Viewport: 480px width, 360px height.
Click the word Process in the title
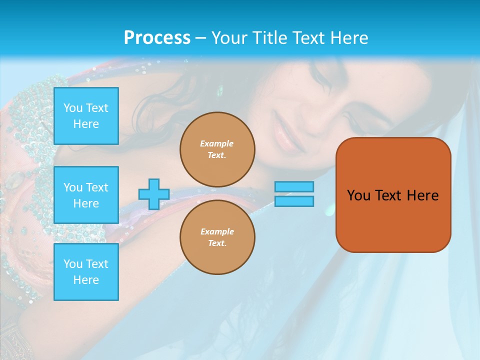tap(157, 38)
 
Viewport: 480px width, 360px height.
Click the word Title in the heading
tap(270, 38)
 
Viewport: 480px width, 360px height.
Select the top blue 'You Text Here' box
tap(86, 116)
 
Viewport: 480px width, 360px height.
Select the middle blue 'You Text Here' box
tap(86, 195)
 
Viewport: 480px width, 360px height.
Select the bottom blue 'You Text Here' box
tap(86, 272)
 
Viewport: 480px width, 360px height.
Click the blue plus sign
tap(153, 194)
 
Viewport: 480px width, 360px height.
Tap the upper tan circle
tap(217, 149)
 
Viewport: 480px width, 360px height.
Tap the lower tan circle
tap(217, 237)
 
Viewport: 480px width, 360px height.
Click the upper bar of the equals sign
tap(294, 186)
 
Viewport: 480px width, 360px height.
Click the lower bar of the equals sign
tap(294, 201)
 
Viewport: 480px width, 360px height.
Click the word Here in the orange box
tap(422, 195)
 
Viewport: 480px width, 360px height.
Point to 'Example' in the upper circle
tap(216, 143)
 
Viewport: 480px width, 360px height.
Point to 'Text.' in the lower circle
tap(217, 243)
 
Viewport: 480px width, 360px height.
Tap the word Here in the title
tap(348, 38)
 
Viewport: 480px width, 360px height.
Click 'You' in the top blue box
tap(73, 108)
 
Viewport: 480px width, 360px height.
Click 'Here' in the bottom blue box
tap(86, 280)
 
